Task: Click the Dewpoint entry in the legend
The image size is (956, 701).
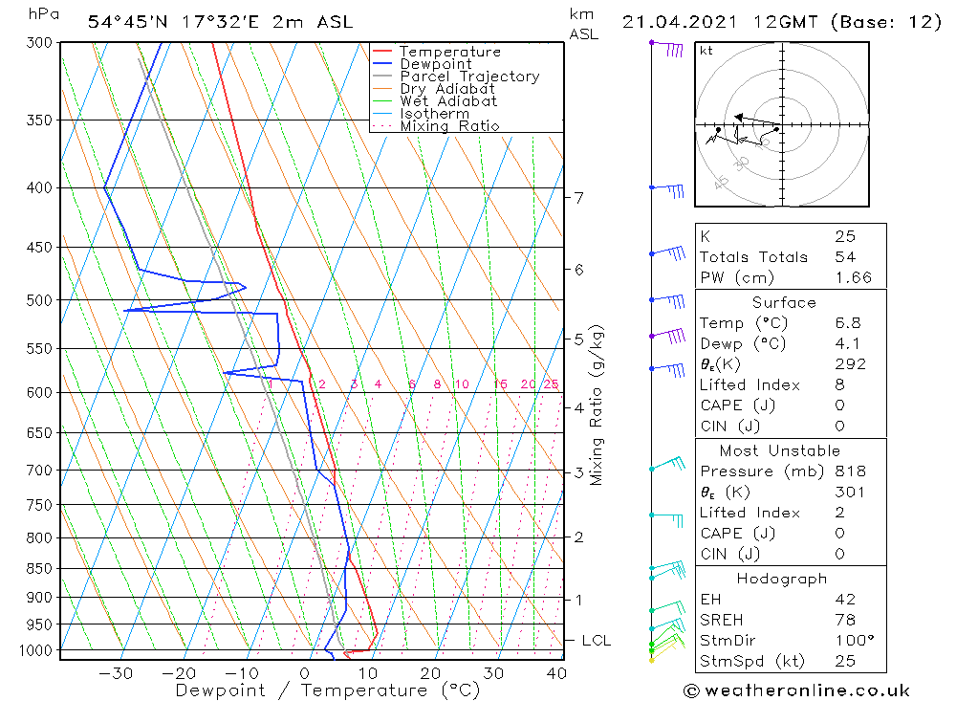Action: (435, 64)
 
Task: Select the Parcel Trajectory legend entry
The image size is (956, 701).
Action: (469, 77)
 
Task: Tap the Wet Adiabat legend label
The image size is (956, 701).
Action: (448, 101)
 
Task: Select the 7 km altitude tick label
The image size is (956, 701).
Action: (578, 198)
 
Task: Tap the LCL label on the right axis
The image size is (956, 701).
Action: (596, 640)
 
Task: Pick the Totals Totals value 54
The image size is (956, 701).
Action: (845, 257)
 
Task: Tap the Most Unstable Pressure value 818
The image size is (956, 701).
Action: (850, 471)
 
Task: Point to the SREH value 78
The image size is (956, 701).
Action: (844, 621)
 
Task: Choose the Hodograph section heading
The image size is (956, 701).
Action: (782, 580)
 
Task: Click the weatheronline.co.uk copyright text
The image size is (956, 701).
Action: (796, 690)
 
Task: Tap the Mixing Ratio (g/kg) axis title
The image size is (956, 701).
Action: (597, 405)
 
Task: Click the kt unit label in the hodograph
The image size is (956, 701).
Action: (706, 51)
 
